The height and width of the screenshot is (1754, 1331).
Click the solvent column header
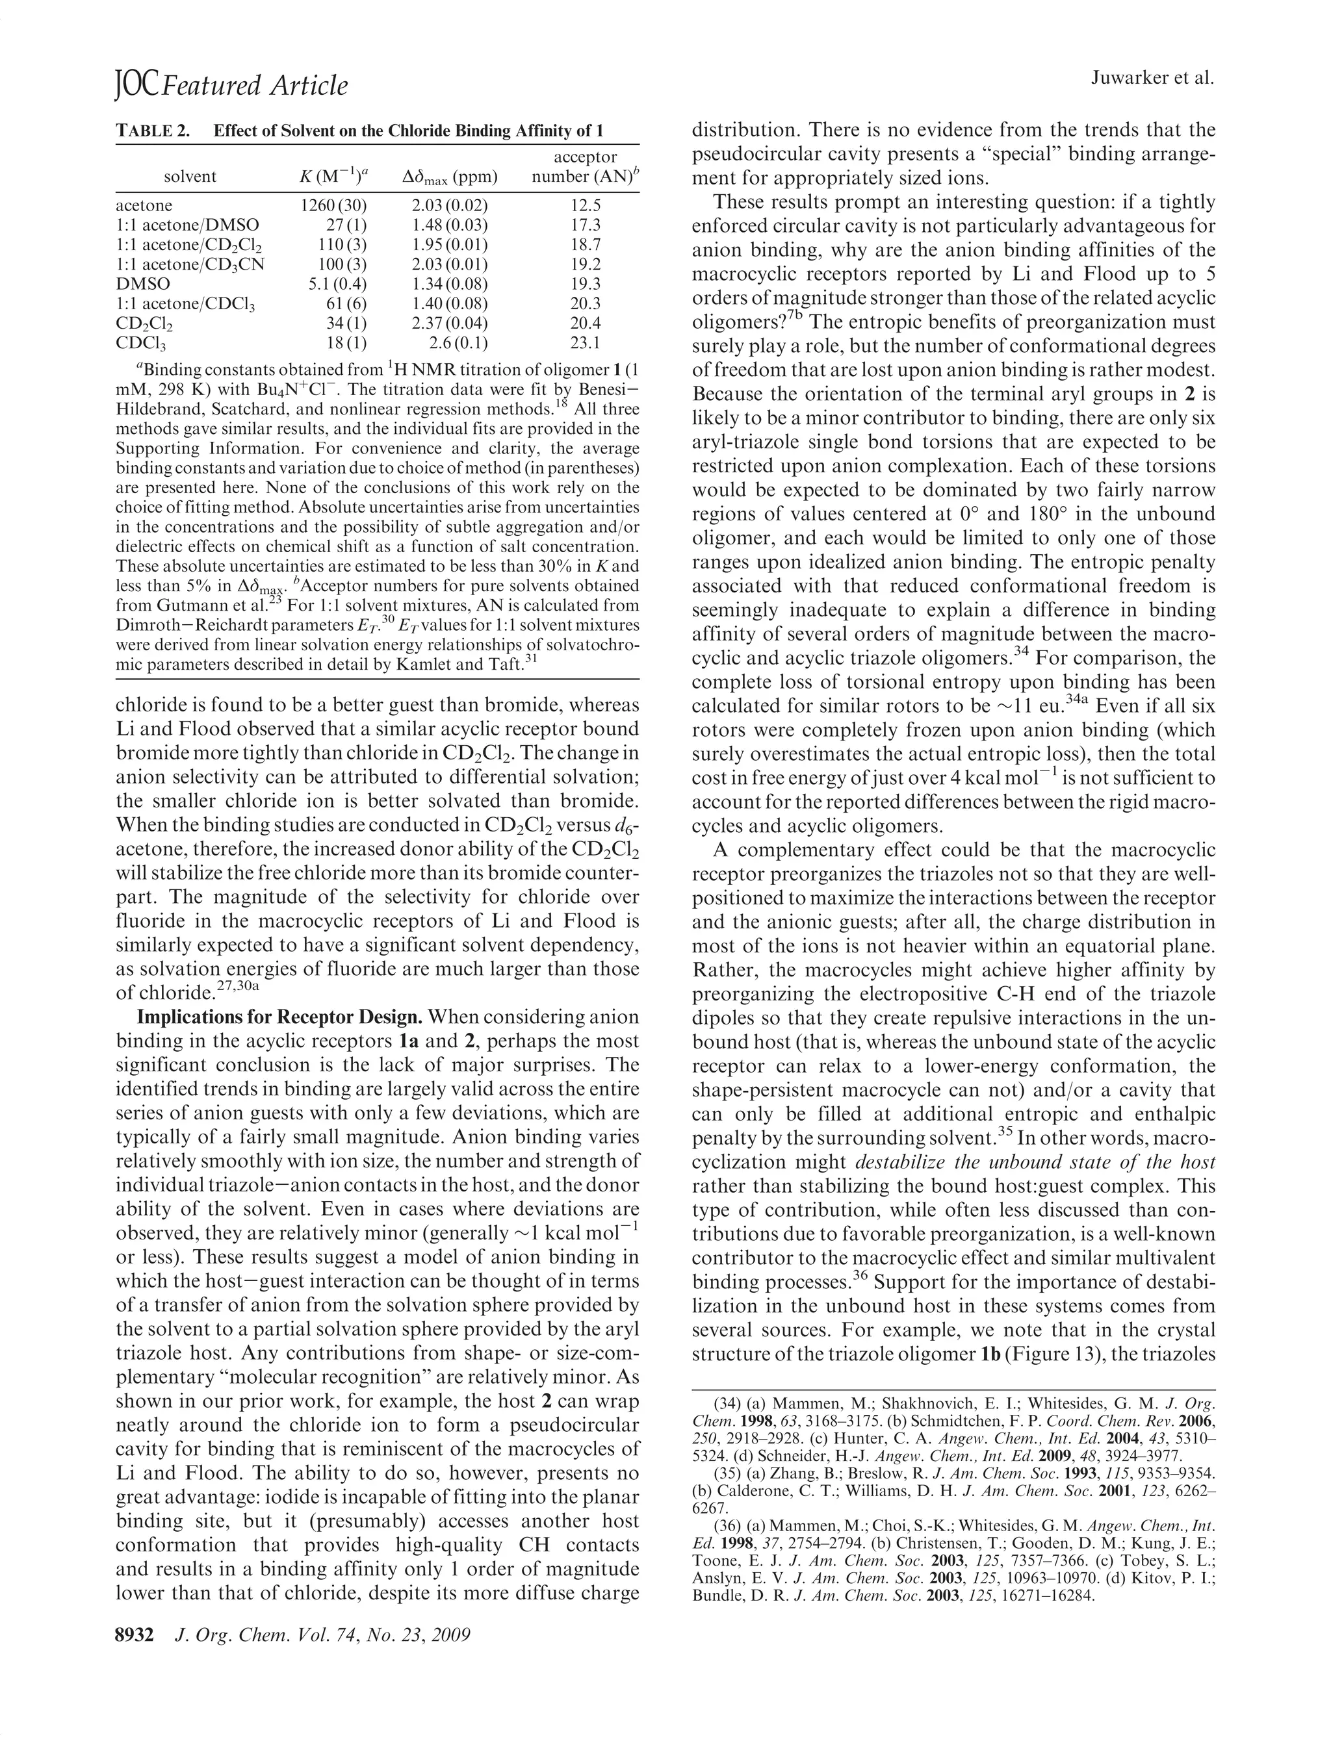190,176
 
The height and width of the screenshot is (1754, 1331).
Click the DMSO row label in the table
143,284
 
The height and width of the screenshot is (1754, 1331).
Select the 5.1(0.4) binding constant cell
338,284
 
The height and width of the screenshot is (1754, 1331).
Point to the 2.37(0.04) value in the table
450,324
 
